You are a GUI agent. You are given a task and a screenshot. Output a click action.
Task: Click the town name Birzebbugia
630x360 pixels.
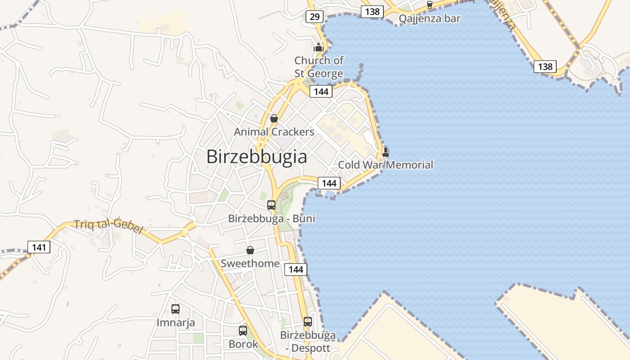coord(256,157)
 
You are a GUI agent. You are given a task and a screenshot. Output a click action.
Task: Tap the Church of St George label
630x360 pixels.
coord(319,67)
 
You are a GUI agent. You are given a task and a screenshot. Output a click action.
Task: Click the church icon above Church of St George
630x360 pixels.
coord(319,47)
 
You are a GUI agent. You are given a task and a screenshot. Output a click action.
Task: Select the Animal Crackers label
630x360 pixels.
coord(274,132)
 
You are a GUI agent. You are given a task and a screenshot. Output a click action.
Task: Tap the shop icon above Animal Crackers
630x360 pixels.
coord(274,118)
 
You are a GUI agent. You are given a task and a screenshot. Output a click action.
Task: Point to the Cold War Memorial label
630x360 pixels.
coord(385,165)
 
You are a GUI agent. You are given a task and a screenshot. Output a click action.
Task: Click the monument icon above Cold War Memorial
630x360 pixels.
coord(385,152)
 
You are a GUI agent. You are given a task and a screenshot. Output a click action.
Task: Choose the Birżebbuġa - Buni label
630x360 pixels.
coord(272,219)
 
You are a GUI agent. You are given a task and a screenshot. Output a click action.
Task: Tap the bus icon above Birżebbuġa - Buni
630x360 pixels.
coord(271,205)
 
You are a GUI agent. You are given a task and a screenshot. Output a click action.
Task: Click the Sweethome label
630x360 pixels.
coord(250,263)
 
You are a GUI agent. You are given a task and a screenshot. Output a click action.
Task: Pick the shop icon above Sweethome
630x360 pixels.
coord(250,250)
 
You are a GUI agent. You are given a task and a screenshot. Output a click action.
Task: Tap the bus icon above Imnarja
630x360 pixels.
coord(175,309)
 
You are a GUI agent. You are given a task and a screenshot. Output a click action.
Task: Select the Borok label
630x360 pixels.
coord(243,344)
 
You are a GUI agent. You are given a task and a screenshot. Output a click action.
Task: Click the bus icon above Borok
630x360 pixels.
coord(243,331)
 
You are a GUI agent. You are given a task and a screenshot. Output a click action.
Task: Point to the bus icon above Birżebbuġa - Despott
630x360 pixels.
coord(308,322)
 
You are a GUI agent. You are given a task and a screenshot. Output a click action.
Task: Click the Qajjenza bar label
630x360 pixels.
coord(430,18)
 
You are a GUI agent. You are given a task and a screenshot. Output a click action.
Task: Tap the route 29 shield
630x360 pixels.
coord(314,17)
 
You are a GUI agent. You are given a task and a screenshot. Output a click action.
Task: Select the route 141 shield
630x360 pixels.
coord(39,247)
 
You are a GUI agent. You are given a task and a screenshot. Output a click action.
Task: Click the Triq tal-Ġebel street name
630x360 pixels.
coord(108,225)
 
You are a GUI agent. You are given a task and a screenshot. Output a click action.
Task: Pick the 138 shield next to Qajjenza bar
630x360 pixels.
coord(372,12)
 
